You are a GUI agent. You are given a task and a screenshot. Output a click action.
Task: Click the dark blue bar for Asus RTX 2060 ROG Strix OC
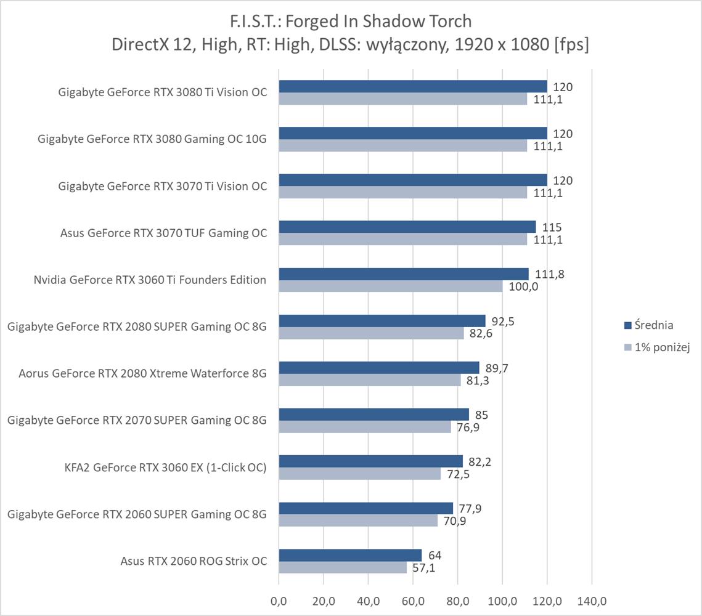350,556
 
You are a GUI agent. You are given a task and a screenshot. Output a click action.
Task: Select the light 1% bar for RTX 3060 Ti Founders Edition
391,286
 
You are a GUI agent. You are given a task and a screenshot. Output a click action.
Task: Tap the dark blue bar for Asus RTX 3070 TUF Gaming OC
407,227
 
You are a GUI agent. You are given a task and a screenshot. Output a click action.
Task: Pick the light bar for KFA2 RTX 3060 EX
360,474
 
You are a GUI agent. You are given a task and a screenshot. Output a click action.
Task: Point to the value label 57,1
423,568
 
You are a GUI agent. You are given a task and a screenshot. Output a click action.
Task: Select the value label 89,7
497,368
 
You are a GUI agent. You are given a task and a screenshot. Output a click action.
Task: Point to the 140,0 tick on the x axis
591,601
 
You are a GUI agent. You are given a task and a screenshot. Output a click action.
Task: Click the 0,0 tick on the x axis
279,601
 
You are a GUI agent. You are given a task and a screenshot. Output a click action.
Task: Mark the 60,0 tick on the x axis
412,601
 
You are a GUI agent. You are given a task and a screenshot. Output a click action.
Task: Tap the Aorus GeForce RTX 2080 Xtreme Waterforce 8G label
142,373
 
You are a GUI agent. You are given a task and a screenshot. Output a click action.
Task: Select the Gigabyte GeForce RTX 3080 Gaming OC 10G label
152,139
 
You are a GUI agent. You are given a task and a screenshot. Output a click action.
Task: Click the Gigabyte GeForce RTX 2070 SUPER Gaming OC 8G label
137,420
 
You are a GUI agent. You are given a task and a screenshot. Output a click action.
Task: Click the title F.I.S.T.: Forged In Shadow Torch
350,22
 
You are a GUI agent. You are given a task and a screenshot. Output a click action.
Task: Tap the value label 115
552,227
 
